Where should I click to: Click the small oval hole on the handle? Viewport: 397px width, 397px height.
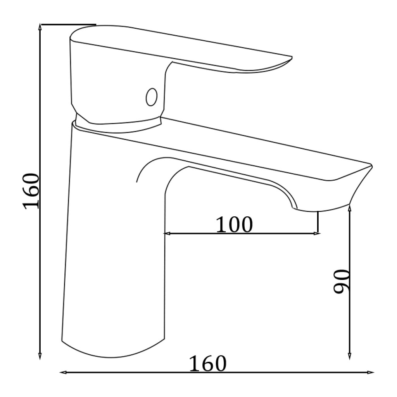click(x=152, y=97)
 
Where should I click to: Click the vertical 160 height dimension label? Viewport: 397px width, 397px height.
click(x=31, y=192)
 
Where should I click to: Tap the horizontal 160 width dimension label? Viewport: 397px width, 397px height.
click(x=208, y=364)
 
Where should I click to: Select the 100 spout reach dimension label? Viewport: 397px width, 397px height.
click(x=234, y=224)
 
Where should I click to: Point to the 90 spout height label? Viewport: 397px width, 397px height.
click(x=341, y=281)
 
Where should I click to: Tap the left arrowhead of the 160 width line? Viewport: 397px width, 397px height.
click(x=63, y=372)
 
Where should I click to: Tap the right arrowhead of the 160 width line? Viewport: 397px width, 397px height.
click(x=370, y=372)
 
